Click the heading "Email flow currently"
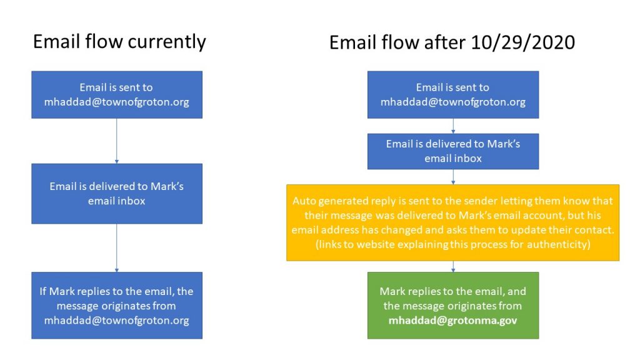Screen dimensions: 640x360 [x=119, y=42]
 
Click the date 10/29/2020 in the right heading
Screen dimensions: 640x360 [x=522, y=42]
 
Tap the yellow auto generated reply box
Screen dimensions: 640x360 [x=452, y=222]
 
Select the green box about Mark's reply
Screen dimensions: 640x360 [x=453, y=305]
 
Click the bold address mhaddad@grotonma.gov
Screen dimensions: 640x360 [x=452, y=321]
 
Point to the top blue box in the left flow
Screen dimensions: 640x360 [x=117, y=95]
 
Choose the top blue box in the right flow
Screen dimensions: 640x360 [x=453, y=95]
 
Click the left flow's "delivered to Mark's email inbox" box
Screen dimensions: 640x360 [x=117, y=194]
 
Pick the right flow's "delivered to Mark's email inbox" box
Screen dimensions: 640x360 [x=453, y=151]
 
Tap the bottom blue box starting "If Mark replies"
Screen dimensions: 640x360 [x=117, y=305]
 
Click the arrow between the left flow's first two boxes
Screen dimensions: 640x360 [x=117, y=141]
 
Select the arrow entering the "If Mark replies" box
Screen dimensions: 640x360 [x=117, y=247]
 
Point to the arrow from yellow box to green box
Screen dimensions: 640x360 [x=453, y=266]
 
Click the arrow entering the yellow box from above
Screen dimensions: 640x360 [x=453, y=177]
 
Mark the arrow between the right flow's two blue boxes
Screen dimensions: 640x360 [x=453, y=126]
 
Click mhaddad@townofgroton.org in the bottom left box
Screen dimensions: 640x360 [x=117, y=321]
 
